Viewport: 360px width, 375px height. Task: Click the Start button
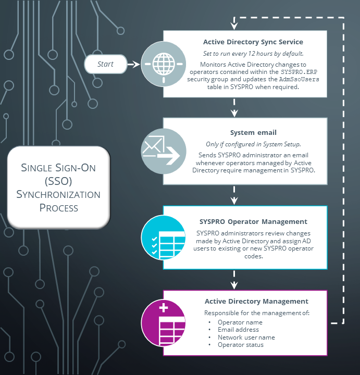pos(106,65)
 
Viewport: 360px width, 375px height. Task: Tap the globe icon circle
pos(164,65)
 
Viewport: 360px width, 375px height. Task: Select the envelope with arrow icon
pos(164,151)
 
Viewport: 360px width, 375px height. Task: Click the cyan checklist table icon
pos(164,237)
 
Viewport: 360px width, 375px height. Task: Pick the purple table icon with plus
pos(164,323)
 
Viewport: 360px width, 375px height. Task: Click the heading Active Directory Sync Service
pos(253,42)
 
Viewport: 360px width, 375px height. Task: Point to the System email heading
pos(253,133)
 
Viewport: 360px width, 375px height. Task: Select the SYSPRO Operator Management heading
pos(253,221)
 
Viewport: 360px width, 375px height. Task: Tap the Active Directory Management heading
pos(256,301)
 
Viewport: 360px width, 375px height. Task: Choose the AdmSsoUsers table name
pos(299,79)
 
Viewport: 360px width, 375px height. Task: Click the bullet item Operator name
pos(240,322)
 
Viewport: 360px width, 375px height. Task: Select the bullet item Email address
pos(238,330)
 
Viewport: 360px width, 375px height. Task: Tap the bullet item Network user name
pos(246,337)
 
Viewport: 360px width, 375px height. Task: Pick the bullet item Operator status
pos(240,345)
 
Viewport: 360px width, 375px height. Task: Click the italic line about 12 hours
pos(253,54)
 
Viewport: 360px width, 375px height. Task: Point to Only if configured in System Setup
pos(253,144)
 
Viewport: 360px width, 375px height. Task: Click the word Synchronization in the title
pos(58,194)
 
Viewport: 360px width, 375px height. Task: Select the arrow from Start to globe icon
pos(134,65)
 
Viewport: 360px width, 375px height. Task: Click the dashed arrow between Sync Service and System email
pos(234,107)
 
